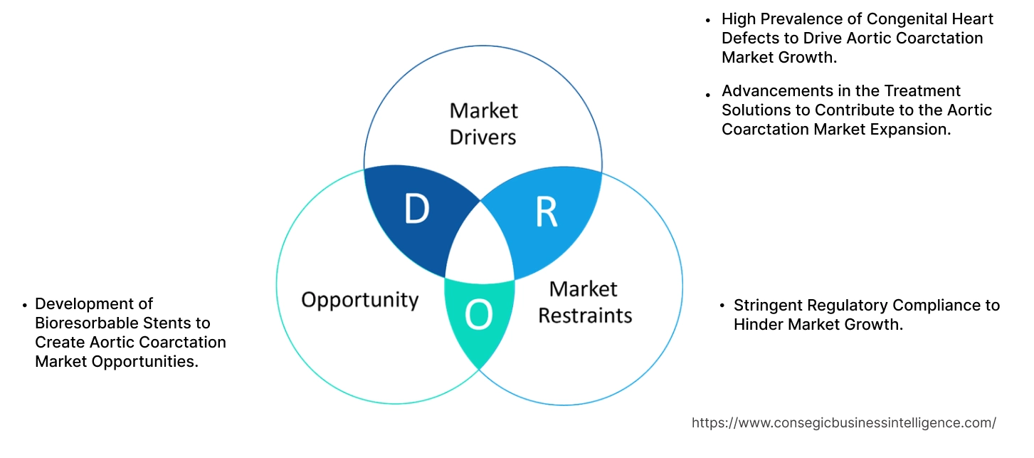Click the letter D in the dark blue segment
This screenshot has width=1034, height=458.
pos(416,209)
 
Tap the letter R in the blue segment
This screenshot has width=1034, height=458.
pos(546,212)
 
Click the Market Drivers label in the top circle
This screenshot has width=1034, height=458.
pos(483,123)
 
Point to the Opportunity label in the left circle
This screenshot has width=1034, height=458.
pos(359,299)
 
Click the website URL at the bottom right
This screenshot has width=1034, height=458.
pos(843,422)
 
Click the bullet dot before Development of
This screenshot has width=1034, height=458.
pos(25,305)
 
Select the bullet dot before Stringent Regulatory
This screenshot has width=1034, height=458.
pos(723,306)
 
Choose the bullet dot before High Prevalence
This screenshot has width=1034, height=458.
pos(708,21)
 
